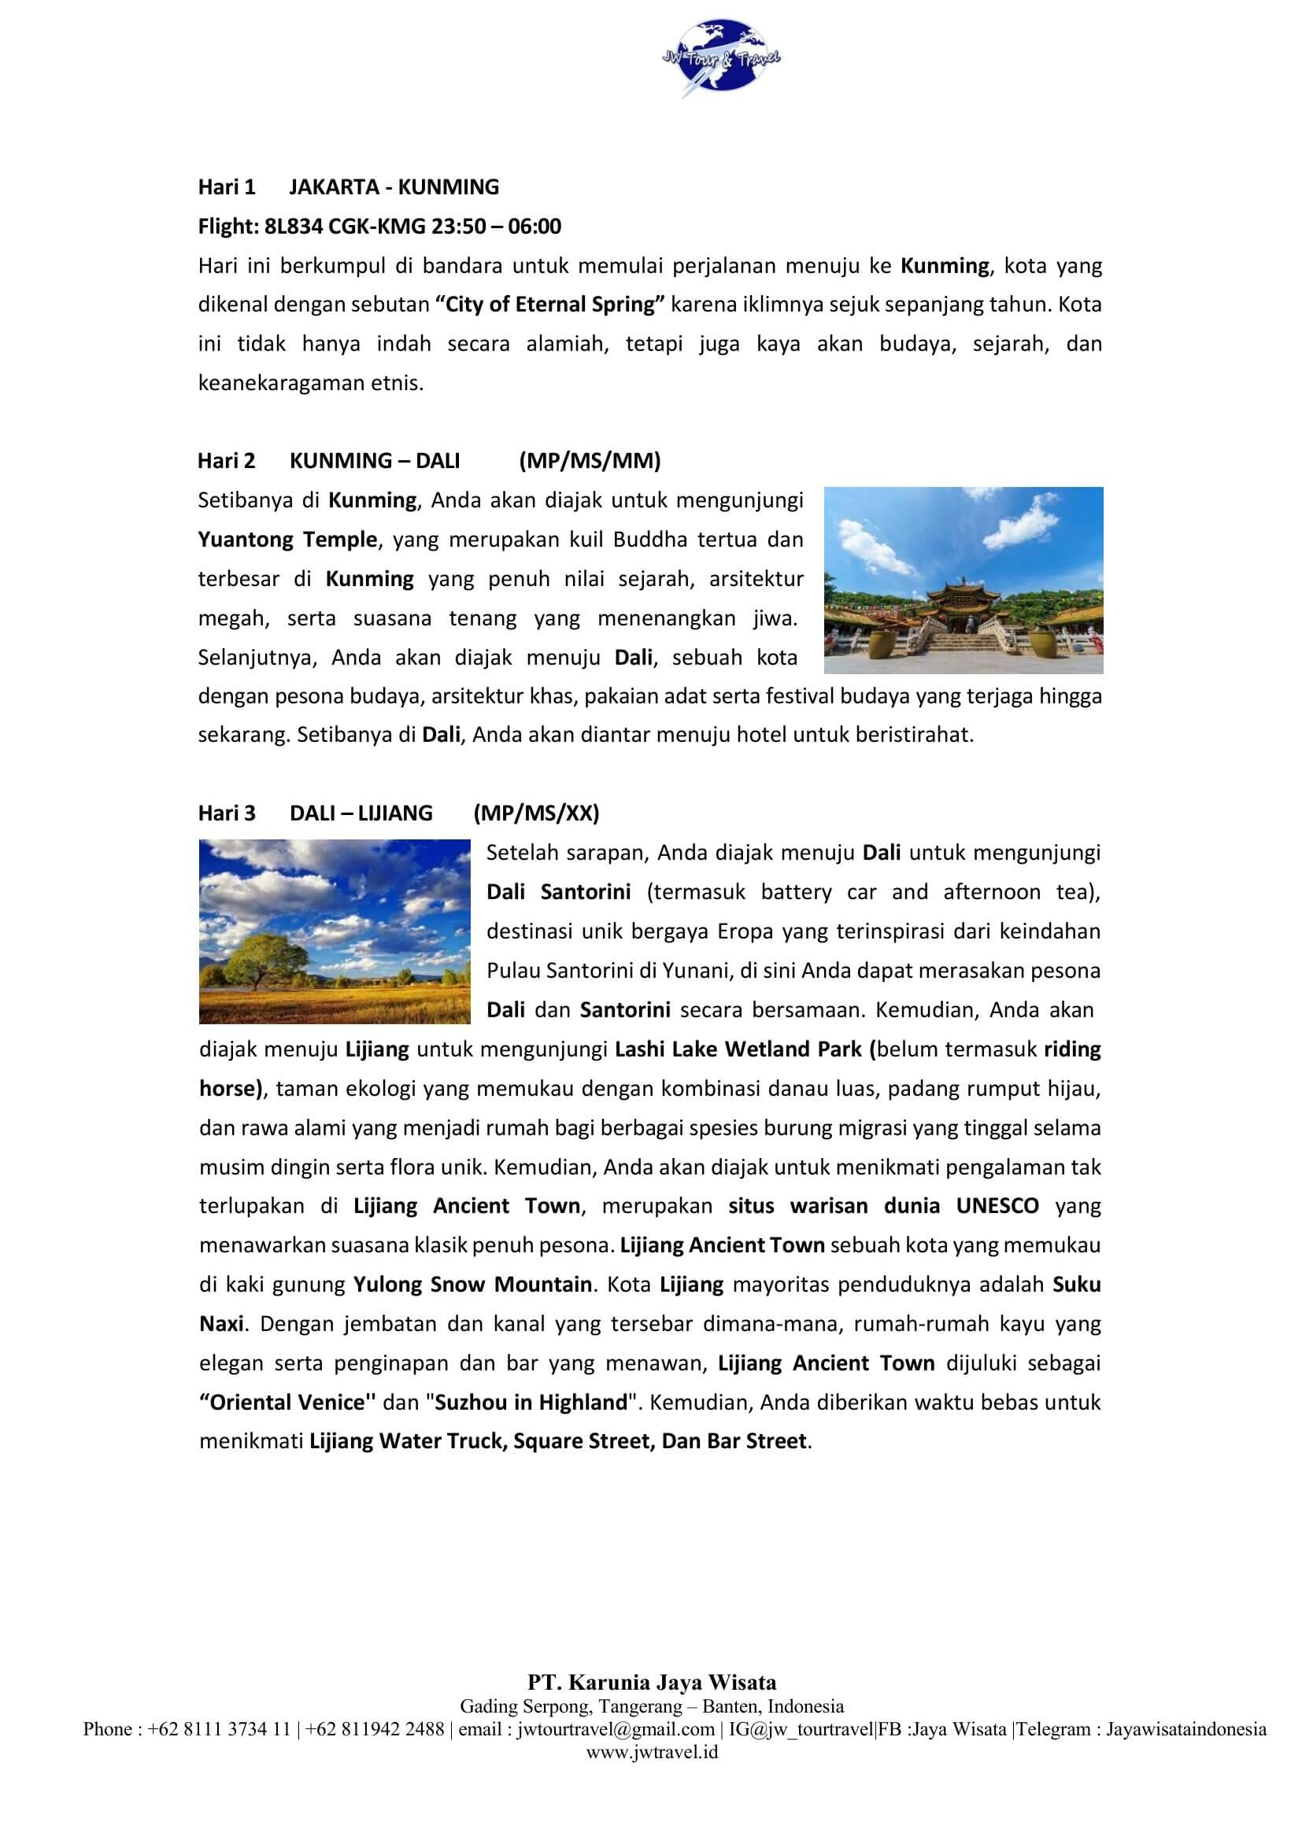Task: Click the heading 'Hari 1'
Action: click(x=226, y=186)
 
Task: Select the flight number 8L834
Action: click(x=294, y=226)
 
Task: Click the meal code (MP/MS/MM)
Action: click(x=590, y=461)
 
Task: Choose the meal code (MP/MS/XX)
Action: click(x=535, y=813)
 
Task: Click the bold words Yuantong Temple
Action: click(x=287, y=540)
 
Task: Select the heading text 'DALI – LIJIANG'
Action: click(x=361, y=813)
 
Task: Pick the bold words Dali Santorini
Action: click(x=558, y=892)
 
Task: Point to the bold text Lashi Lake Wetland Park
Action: click(x=738, y=1049)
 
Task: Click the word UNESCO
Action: click(x=997, y=1206)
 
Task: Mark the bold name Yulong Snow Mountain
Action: click(x=472, y=1285)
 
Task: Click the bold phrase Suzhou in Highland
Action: click(x=531, y=1403)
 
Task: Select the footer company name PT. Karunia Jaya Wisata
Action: click(x=651, y=1683)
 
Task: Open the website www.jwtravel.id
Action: click(x=651, y=1752)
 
